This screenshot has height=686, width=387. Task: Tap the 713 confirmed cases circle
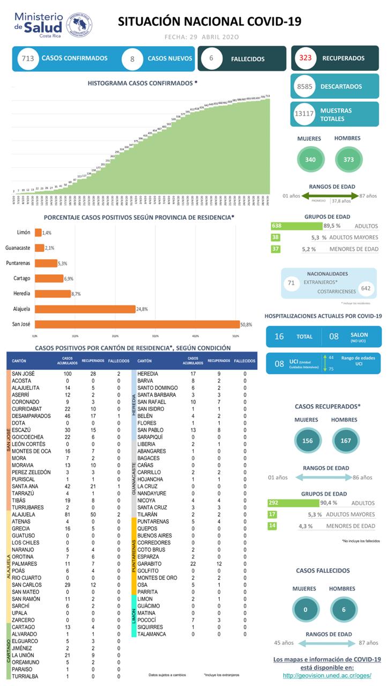[x=26, y=58]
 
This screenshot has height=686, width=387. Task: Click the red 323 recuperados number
[x=306, y=58]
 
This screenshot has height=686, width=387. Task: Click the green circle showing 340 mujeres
[x=310, y=159]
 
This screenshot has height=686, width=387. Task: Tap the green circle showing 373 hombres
[x=347, y=159]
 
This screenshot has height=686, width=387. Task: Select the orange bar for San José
[x=138, y=324]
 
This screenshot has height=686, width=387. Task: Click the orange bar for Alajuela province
[x=85, y=309]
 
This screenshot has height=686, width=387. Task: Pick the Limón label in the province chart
[x=24, y=233]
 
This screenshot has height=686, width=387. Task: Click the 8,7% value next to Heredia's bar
[x=79, y=294]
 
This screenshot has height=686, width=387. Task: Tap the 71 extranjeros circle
[x=292, y=282]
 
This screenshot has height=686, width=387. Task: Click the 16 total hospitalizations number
[x=279, y=337]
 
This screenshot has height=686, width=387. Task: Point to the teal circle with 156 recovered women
[x=308, y=441]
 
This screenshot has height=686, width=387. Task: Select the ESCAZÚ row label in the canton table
[x=23, y=430]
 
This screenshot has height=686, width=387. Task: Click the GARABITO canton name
[x=148, y=563]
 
